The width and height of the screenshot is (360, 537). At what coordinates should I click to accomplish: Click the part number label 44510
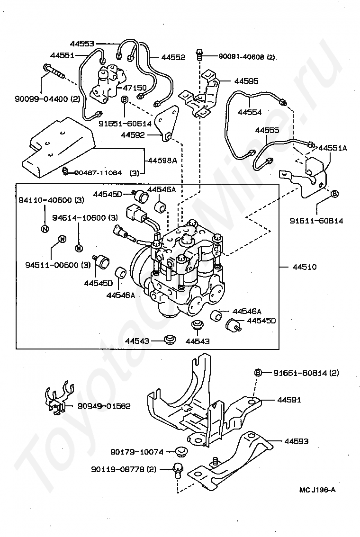(304, 267)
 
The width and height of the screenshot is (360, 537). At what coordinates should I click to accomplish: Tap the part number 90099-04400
(41, 99)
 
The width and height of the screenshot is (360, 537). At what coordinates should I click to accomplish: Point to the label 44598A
(162, 160)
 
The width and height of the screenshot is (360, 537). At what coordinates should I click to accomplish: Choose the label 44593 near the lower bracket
(296, 441)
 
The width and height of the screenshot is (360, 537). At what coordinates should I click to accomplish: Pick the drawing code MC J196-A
(317, 490)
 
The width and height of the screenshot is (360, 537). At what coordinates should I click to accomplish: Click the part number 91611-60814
(316, 221)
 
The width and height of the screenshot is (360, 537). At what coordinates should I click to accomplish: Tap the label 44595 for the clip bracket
(246, 81)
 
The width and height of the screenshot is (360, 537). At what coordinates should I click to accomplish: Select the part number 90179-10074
(137, 452)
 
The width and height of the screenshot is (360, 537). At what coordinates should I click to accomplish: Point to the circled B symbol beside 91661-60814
(258, 372)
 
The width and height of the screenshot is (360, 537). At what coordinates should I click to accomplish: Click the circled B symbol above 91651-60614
(125, 99)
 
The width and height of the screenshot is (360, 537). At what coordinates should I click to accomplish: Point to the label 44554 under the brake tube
(249, 112)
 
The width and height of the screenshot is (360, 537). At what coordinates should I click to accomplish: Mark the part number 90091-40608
(242, 57)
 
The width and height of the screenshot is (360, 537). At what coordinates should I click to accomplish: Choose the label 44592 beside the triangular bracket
(133, 135)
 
